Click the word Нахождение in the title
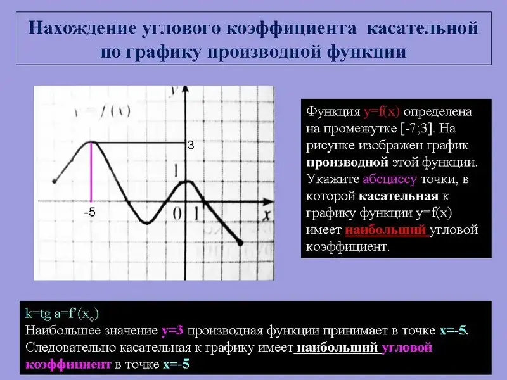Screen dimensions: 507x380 82,28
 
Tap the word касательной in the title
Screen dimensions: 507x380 422,28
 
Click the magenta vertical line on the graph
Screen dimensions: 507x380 91,172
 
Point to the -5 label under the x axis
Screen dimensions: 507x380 89,212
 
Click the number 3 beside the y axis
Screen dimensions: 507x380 191,146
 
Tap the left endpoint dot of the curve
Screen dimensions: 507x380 55,181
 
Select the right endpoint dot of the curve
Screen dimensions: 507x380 240,243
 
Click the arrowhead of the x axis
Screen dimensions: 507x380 268,201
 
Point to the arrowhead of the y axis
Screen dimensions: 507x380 185,90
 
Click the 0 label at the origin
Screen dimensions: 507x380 177,213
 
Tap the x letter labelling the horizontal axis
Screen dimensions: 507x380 266,215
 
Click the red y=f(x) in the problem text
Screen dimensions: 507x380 382,112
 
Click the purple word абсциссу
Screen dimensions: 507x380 390,179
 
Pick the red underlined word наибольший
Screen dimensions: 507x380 385,230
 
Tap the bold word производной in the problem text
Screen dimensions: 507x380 347,162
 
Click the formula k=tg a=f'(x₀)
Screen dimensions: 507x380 61,313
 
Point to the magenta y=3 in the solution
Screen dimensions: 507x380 172,331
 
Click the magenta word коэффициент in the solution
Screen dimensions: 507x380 68,365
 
